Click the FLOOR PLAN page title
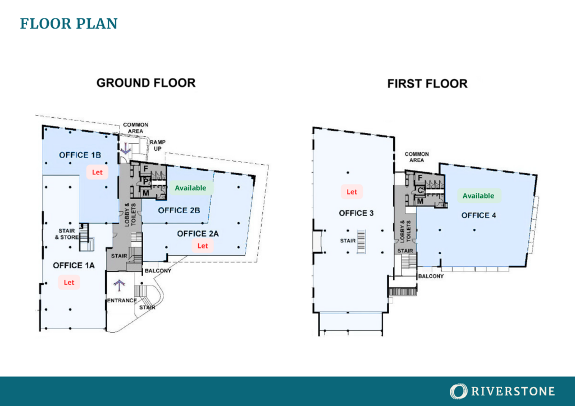pyautogui.click(x=69, y=24)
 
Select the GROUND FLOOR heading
pyautogui.click(x=146, y=83)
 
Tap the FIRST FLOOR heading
pyautogui.click(x=427, y=84)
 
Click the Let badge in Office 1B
pyautogui.click(x=97, y=172)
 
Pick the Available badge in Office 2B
pyautogui.click(x=190, y=188)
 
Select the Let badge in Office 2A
pyautogui.click(x=203, y=246)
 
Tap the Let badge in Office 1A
pyautogui.click(x=69, y=282)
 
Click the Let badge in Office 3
pyautogui.click(x=352, y=191)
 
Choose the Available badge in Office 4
pyautogui.click(x=478, y=196)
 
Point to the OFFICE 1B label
pyautogui.click(x=80, y=155)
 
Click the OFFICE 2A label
pyautogui.click(x=198, y=234)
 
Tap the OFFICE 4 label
pyautogui.click(x=478, y=215)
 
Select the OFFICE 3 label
pyautogui.click(x=356, y=213)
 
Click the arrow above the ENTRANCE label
pyautogui.click(x=119, y=285)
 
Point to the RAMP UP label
pyautogui.click(x=158, y=145)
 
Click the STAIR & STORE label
pyautogui.click(x=67, y=234)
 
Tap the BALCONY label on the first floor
pyautogui.click(x=431, y=276)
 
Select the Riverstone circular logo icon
pyautogui.click(x=458, y=391)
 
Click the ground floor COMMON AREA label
pyautogui.click(x=136, y=128)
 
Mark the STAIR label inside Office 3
pyautogui.click(x=348, y=241)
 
